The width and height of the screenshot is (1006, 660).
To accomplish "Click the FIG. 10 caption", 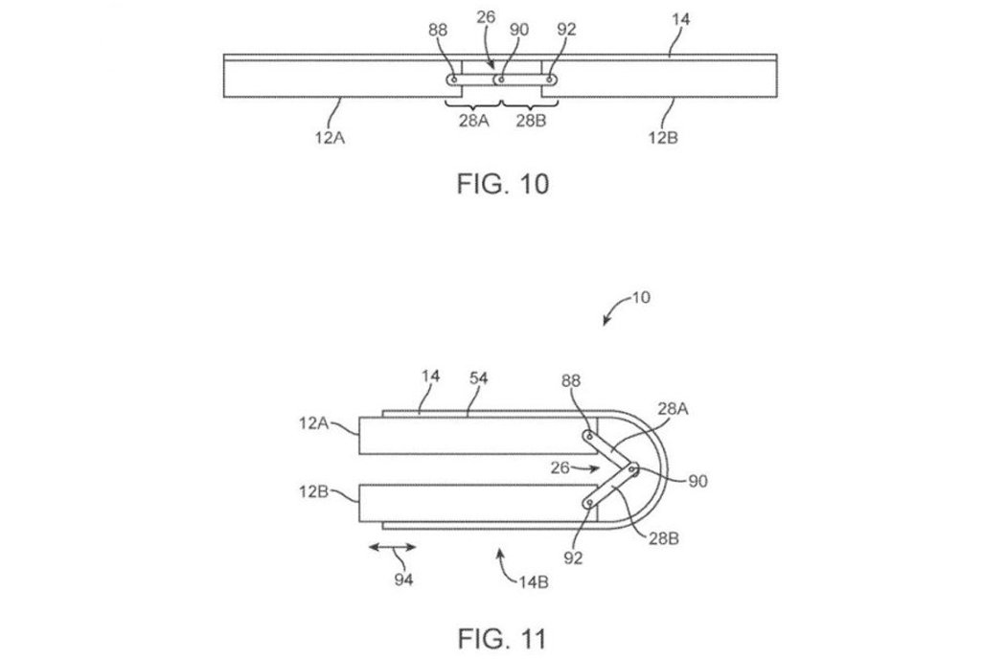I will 501,183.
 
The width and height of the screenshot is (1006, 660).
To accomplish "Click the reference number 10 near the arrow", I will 641,298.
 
